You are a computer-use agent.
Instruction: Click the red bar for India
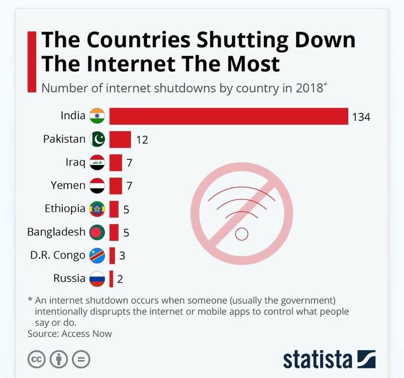pyautogui.click(x=228, y=116)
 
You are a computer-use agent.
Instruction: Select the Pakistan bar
pyautogui.click(x=120, y=139)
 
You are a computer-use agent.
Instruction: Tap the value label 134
pyautogui.click(x=361, y=117)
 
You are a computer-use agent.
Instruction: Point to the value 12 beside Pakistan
pyautogui.click(x=142, y=140)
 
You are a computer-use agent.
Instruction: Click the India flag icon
pyautogui.click(x=97, y=116)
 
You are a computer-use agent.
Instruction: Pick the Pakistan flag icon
pyautogui.click(x=97, y=139)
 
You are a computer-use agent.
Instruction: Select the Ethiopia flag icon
pyautogui.click(x=97, y=209)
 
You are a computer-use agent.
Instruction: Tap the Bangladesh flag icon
pyautogui.click(x=97, y=232)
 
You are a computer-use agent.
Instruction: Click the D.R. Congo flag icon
pyautogui.click(x=97, y=256)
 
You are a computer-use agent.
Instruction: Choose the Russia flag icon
pyautogui.click(x=97, y=279)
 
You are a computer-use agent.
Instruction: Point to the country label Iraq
pyautogui.click(x=75, y=163)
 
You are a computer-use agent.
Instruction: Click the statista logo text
pyautogui.click(x=318, y=359)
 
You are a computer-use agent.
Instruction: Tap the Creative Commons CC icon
pyautogui.click(x=36, y=359)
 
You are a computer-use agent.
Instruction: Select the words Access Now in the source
pyautogui.click(x=87, y=334)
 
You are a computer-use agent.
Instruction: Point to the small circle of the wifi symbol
pyautogui.click(x=242, y=234)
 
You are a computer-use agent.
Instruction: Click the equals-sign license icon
pyautogui.click(x=81, y=359)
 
